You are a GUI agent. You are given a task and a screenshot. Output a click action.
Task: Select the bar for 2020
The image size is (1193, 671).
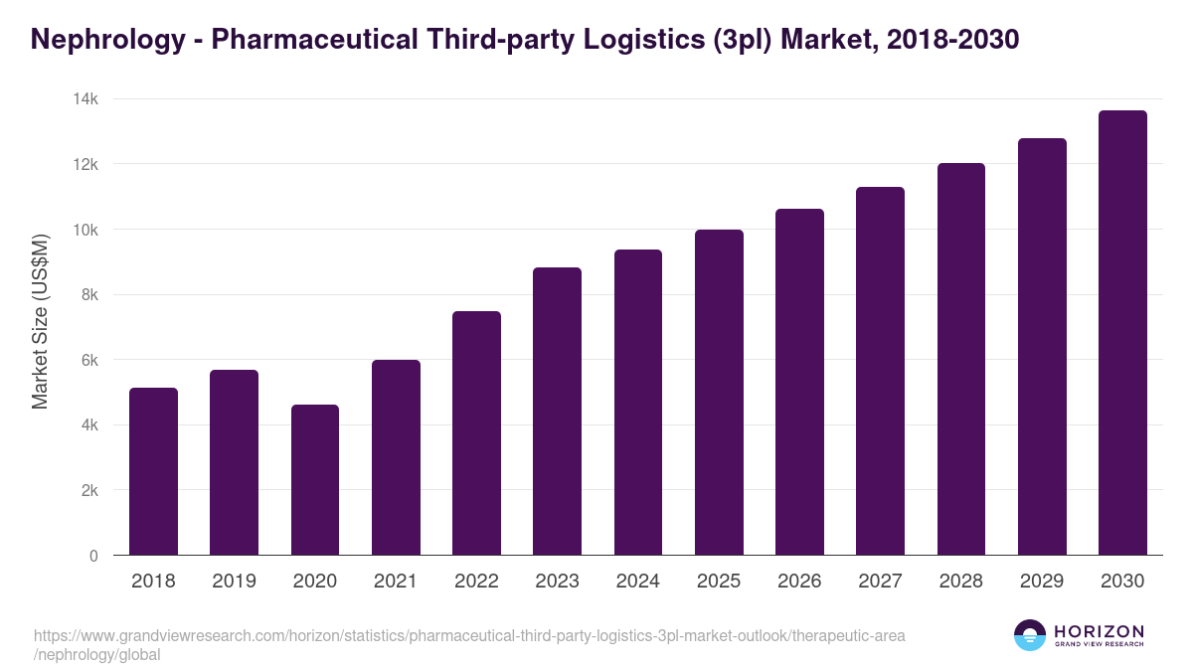coord(315,480)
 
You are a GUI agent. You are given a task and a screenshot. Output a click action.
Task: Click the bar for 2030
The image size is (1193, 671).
coord(1122,333)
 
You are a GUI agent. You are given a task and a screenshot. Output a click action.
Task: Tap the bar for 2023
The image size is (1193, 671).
coord(557,412)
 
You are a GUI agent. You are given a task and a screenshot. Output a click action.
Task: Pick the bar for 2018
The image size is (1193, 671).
coord(153,471)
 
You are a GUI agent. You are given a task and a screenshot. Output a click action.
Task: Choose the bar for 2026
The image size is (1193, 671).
coord(799,382)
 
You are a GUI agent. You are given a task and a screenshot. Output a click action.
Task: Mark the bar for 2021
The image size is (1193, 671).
coord(396,457)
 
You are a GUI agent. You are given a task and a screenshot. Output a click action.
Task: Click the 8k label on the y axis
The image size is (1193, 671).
coord(89,295)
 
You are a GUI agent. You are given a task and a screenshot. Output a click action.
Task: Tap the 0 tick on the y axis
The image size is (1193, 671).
coord(93,556)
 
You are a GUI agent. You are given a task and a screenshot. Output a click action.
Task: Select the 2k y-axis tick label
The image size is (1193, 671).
coord(89,491)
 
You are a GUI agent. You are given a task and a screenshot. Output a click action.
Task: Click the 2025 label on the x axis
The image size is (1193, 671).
coord(719,582)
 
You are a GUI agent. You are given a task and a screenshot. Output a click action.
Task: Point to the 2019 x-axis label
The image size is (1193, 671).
coord(234,582)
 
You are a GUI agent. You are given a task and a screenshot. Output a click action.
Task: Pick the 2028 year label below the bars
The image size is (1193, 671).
coord(960,582)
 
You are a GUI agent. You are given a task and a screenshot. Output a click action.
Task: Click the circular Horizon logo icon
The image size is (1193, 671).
coord(1030,635)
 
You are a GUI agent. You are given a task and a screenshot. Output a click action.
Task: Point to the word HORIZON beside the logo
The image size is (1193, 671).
coord(1099,630)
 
